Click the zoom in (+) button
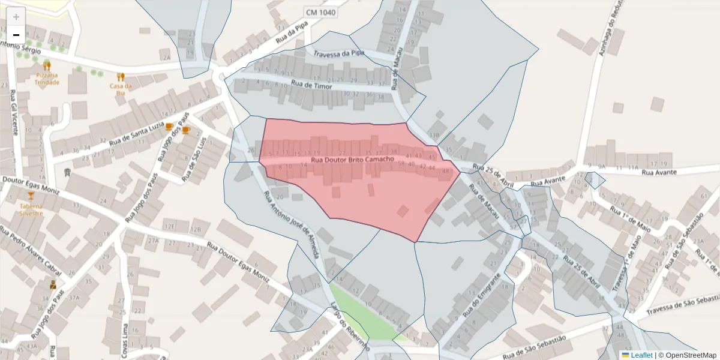tap(16, 17)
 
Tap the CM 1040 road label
tap(320, 12)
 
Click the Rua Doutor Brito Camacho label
tap(353, 160)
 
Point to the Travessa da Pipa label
tap(339, 54)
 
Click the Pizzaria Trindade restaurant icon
tap(47, 66)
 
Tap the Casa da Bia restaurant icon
tap(121, 77)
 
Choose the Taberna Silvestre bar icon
tap(31, 196)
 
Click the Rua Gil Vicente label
tap(13, 110)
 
